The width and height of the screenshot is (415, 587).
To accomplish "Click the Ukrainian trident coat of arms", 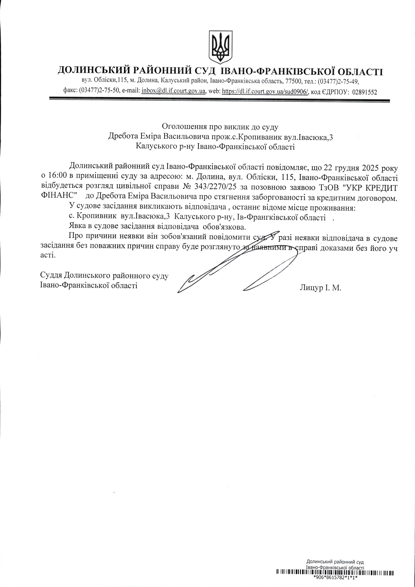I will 221,47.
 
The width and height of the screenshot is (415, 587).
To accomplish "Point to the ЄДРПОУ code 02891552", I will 365,92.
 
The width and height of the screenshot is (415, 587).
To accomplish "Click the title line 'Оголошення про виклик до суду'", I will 220,126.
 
